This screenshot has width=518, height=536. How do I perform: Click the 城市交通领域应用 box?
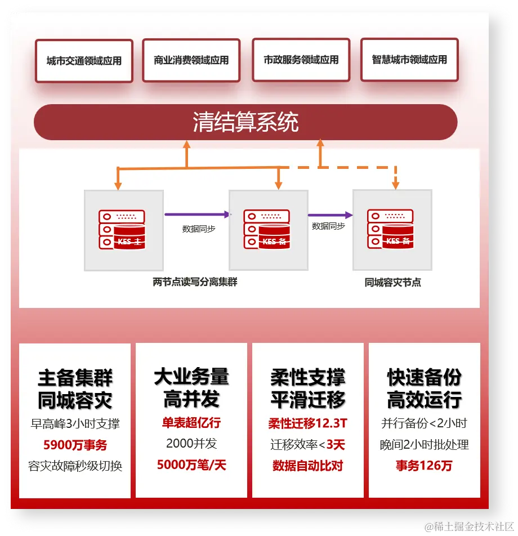coord(84,61)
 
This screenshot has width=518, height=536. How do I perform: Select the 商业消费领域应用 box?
coord(191,60)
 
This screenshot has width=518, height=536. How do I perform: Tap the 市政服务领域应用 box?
coord(301,60)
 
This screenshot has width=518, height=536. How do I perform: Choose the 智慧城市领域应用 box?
coord(409,60)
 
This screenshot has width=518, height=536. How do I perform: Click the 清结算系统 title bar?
coord(245,122)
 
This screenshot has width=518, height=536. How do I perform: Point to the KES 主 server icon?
coord(122,229)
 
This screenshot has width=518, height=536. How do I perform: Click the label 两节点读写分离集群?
coord(195,282)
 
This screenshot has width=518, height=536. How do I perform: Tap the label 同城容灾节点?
coord(392,282)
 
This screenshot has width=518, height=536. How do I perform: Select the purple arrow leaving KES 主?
coord(197,215)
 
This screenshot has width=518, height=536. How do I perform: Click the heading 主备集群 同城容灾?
coord(75,388)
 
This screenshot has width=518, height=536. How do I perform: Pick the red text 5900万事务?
coord(75,445)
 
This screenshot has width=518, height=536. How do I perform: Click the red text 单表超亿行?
coord(191,423)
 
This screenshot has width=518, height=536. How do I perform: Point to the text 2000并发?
coord(191,444)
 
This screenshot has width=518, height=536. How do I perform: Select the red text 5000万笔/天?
coord(191,466)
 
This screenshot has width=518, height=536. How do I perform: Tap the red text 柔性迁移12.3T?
coord(307,423)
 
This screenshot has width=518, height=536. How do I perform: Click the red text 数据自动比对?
coord(307,466)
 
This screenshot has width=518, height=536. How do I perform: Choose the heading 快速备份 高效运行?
coord(424,388)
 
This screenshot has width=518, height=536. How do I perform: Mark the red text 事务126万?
coord(424,466)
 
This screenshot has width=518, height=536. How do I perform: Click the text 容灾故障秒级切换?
coord(75,466)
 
